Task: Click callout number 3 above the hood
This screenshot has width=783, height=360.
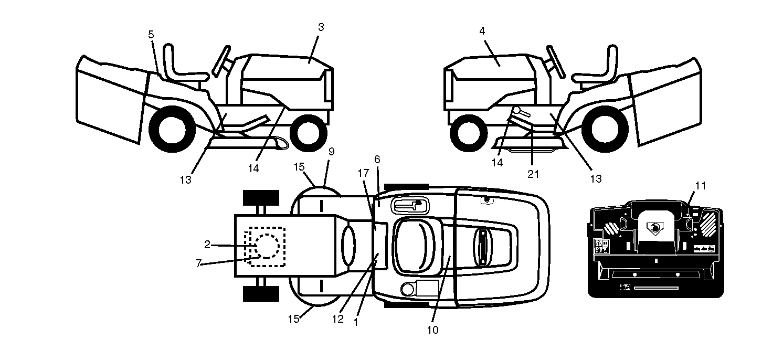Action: pos(321,27)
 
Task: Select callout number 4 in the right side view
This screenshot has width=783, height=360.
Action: pos(482,31)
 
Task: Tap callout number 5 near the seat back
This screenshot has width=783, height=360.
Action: pos(151,35)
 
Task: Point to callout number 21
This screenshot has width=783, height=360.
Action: pos(533,174)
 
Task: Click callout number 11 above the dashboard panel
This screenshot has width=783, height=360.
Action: pos(701,186)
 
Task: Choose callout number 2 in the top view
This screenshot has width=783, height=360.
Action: pos(207,245)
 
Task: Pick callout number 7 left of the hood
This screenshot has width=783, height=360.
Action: pos(198,263)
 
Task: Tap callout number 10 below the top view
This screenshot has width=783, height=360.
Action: pos(433,330)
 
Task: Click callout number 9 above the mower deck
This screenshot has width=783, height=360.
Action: pos(331,152)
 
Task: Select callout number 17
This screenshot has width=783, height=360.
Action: pos(364,173)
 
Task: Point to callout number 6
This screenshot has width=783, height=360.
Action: pos(377,160)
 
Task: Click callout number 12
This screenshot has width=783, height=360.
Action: pos(337,319)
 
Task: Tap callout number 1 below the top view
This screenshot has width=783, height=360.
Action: pos(356,322)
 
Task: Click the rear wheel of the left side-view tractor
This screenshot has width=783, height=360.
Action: pos(172,129)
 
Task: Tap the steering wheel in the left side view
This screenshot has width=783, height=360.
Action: pos(221,61)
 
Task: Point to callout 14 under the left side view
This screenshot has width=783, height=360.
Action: pos(253,168)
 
